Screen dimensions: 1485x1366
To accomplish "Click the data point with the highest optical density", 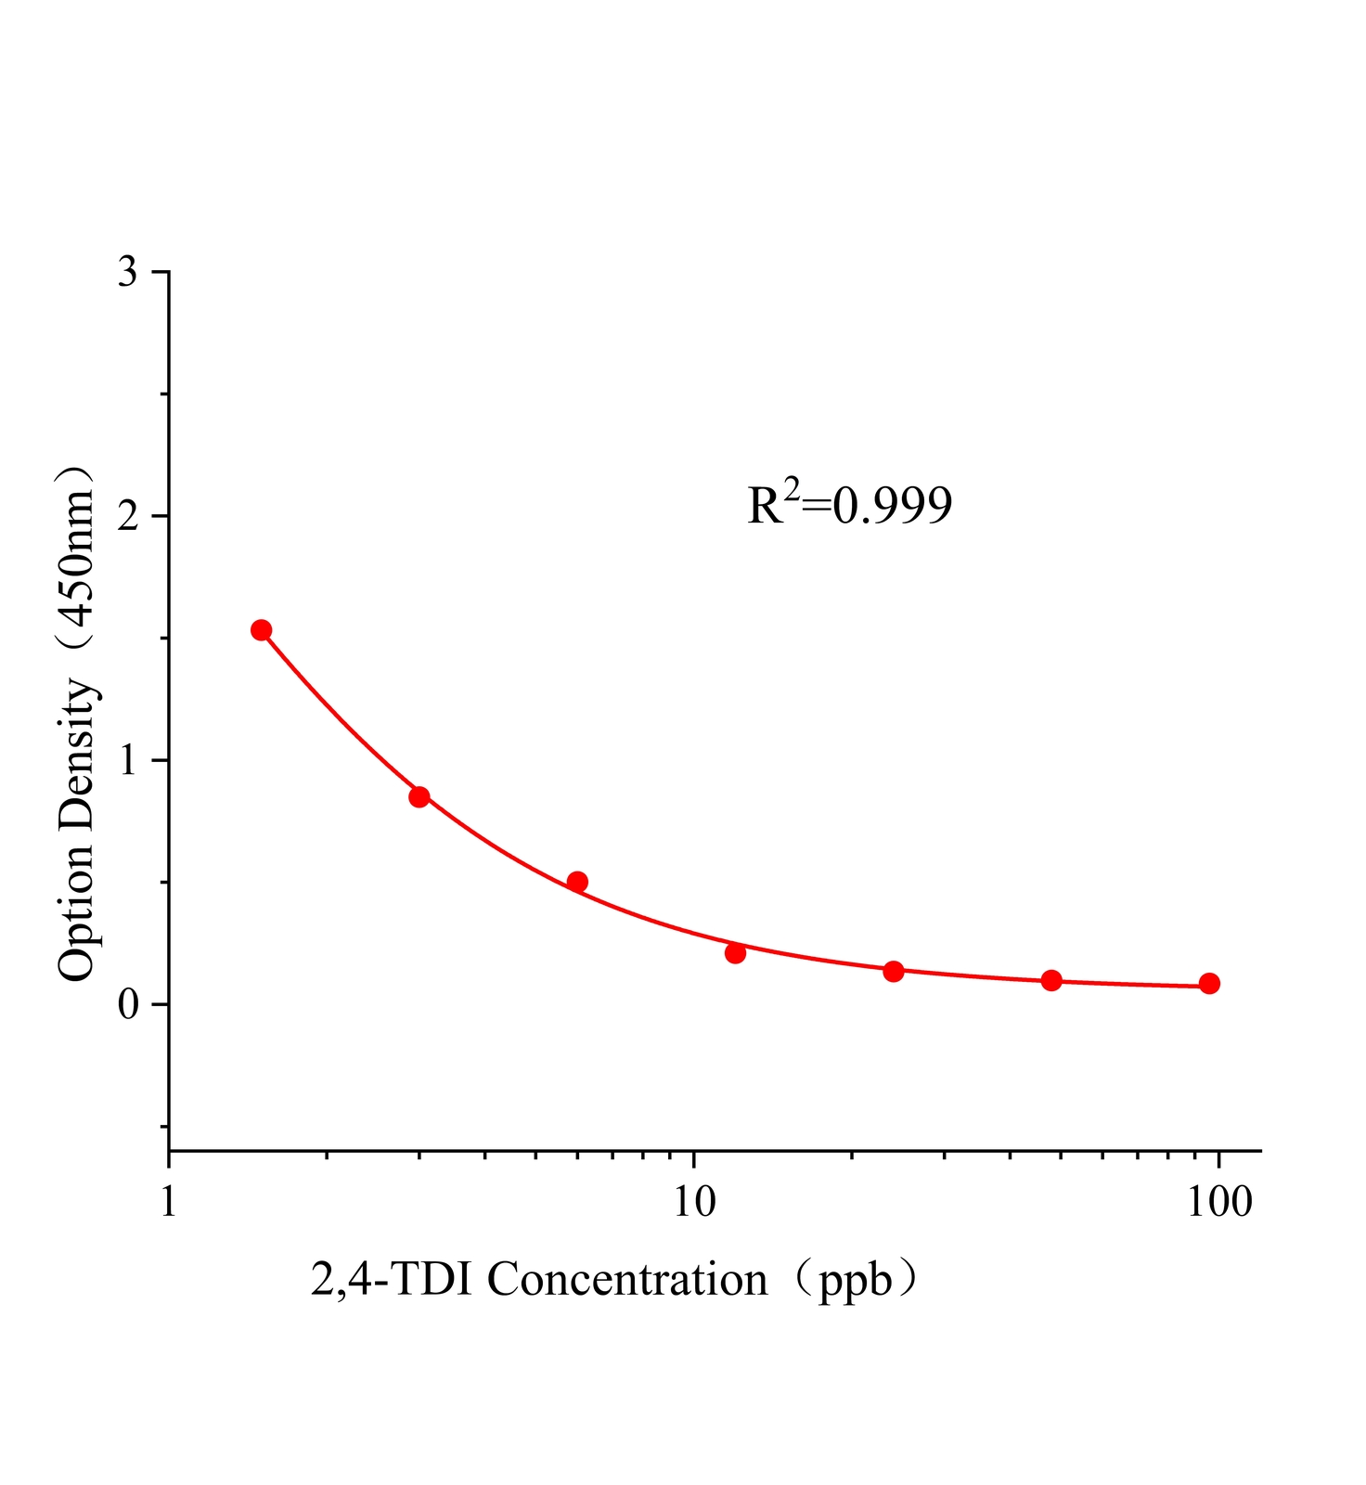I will (261, 630).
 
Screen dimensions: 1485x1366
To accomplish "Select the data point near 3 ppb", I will (419, 796).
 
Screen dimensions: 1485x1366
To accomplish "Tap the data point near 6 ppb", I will (577, 882).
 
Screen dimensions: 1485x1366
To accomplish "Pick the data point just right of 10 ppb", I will (736, 953).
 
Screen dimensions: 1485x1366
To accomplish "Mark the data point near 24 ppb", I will (894, 972).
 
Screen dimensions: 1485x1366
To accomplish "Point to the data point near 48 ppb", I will (1051, 980).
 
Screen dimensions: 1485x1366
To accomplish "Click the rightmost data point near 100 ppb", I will (1209, 984).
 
